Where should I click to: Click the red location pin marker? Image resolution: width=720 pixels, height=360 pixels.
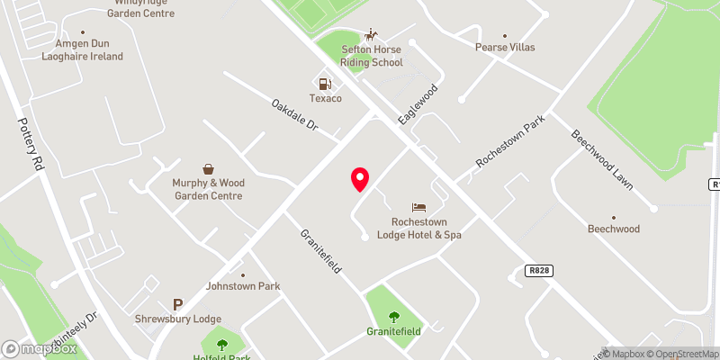click(x=360, y=179)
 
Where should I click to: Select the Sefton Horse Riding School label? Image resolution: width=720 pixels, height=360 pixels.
click(x=372, y=56)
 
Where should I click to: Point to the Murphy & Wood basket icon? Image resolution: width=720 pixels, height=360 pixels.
click(x=208, y=168)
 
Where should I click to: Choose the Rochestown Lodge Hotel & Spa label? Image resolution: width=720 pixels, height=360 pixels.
click(x=426, y=229)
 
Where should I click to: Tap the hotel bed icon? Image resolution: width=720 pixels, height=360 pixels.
click(x=418, y=208)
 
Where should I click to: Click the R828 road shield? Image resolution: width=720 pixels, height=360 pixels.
click(x=537, y=270)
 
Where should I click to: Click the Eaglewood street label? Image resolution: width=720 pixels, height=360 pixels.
click(x=418, y=104)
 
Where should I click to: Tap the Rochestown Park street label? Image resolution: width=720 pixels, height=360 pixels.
click(x=511, y=143)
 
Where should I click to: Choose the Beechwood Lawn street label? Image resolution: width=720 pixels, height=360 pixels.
click(x=602, y=160)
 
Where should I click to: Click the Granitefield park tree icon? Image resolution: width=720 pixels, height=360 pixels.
click(x=393, y=316)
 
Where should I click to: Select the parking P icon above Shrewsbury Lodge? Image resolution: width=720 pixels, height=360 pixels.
click(x=177, y=304)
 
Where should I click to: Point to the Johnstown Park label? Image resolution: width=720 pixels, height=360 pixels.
click(x=243, y=286)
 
